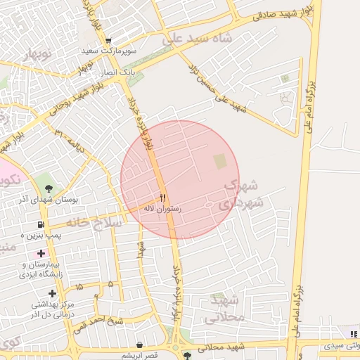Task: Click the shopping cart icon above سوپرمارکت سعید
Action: [107, 41]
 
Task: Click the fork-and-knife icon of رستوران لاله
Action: [163, 198]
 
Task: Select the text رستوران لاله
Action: [163, 209]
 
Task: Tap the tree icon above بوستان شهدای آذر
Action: [49, 188]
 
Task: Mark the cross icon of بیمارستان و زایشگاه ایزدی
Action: [41, 253]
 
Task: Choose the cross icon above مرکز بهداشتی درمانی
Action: [53, 293]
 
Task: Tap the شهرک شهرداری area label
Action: [241, 194]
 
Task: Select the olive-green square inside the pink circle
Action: [220, 162]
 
